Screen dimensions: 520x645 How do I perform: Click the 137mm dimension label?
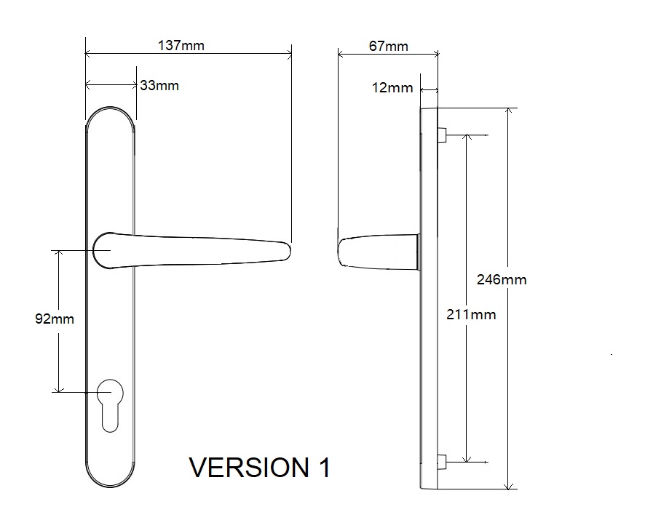[x=181, y=46]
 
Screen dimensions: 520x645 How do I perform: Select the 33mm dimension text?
[x=159, y=86]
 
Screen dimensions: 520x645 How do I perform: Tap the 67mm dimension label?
[x=388, y=46]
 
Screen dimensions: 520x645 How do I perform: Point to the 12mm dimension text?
[x=392, y=88]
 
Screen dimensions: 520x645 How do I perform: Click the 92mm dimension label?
[x=55, y=319]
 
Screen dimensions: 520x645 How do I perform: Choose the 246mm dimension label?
[x=502, y=279]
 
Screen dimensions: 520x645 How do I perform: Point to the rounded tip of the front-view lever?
[x=287, y=251]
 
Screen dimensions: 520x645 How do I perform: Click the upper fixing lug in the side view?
[x=441, y=135]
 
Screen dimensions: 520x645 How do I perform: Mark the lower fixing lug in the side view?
[x=441, y=461]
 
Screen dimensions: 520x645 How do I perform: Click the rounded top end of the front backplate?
[x=110, y=116]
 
